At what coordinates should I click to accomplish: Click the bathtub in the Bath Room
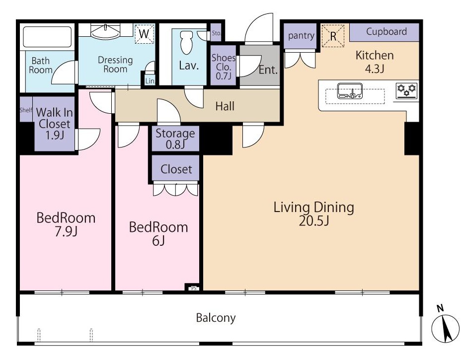pos(47,37)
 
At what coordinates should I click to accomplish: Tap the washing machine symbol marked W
pos(145,34)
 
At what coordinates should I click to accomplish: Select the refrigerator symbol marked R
pos(333,36)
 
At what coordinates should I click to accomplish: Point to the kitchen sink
pos(350,91)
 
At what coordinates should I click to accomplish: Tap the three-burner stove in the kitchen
pos(406,91)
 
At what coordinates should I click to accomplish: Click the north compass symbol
pos(445,328)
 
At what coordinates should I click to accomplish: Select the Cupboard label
pos(386,31)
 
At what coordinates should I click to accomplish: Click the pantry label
pos(301,36)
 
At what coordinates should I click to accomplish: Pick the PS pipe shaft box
pos(194,288)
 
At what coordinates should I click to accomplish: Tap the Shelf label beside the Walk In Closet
pos(26,110)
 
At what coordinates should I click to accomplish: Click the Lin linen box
pos(150,81)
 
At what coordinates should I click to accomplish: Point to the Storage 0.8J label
pos(175,139)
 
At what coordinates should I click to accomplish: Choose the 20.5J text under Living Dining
pos(314,220)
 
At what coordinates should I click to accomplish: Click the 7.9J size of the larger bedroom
pos(66,231)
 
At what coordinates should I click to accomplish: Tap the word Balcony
pos(216,318)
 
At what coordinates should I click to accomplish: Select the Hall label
pos(225,106)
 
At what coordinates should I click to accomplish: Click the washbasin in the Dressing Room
pos(105,32)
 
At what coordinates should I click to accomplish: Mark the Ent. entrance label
pos(268,70)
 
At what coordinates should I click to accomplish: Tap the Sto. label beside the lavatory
pos(216,33)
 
